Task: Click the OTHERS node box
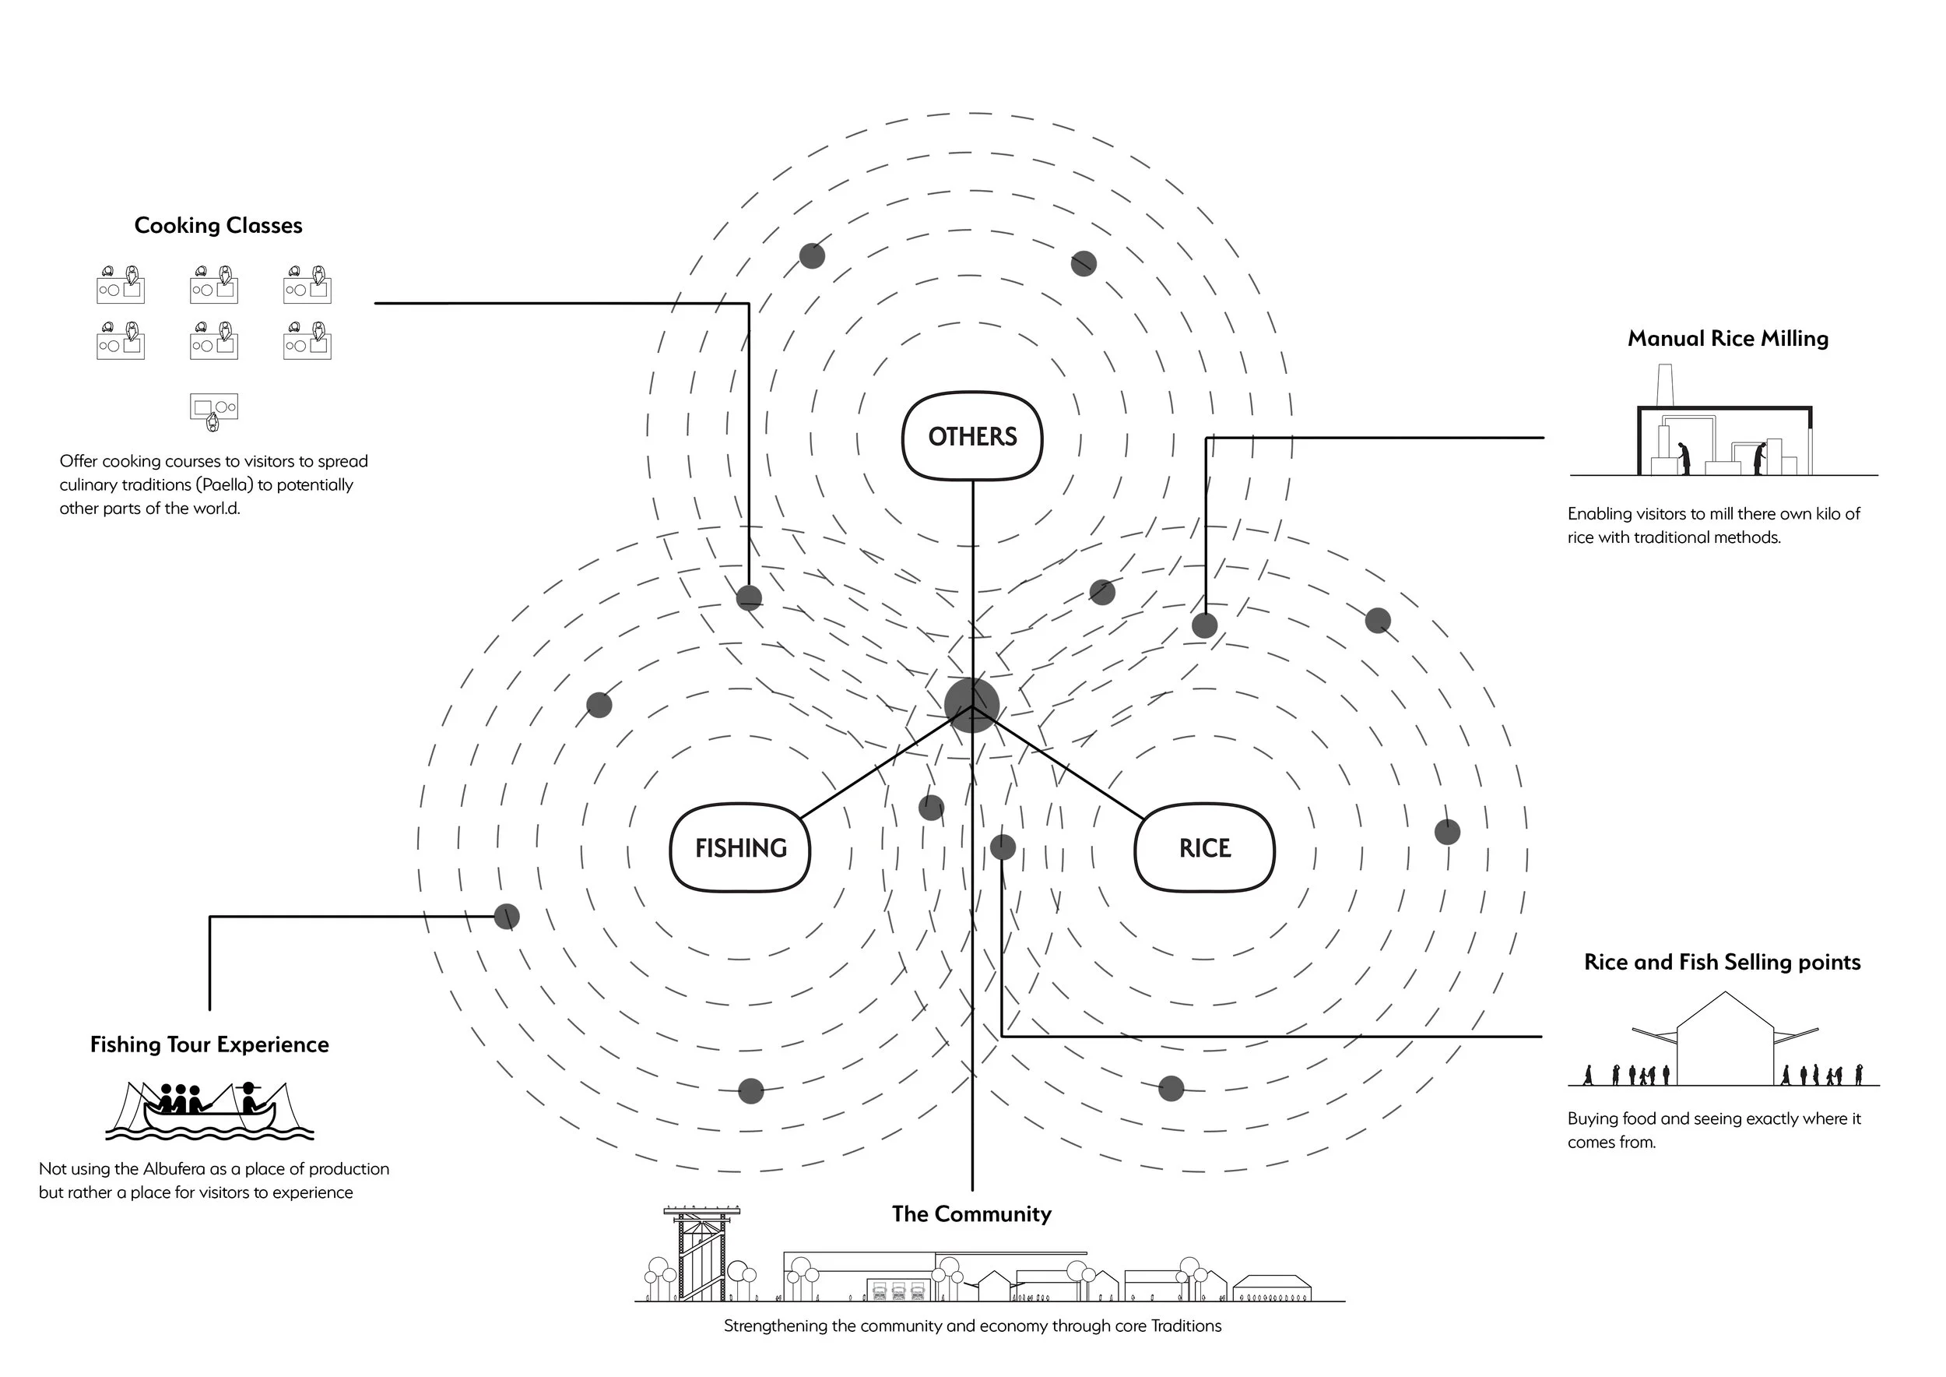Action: [x=972, y=436]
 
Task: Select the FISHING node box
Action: [x=740, y=847]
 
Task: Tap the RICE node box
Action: [x=1204, y=847]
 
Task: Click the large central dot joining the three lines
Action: [x=972, y=705]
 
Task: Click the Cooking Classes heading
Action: [x=218, y=226]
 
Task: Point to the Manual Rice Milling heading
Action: [x=1727, y=338]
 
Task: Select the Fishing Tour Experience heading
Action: [x=209, y=1044]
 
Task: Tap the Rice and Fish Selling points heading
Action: [x=1723, y=962]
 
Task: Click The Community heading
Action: [x=971, y=1213]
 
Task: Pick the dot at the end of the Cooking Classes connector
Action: [x=748, y=598]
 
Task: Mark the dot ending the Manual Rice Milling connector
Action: [x=1204, y=625]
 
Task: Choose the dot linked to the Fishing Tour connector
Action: [x=507, y=917]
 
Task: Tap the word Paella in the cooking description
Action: [x=223, y=485]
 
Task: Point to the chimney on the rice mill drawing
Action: [x=1663, y=386]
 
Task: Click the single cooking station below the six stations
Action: [x=213, y=410]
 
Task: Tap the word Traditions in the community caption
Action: [x=1186, y=1326]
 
